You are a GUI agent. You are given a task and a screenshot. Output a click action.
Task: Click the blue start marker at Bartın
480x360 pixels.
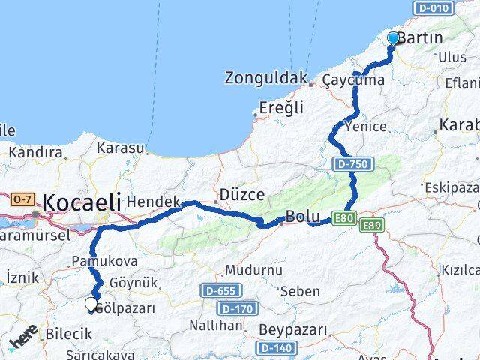coord(393,39)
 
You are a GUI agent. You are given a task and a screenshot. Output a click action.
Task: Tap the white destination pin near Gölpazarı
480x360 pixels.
coord(91,304)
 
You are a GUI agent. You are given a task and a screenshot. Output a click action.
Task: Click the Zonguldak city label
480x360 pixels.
coord(266,77)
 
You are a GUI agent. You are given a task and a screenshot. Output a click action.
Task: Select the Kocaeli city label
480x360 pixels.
coord(82,202)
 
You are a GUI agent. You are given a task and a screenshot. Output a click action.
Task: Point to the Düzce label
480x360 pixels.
coord(241,195)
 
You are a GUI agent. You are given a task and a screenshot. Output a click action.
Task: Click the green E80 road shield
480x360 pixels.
coord(344,217)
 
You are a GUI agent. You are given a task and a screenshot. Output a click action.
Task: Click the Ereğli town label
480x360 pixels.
coord(281,108)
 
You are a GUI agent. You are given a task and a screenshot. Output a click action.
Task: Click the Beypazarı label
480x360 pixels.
coord(293,329)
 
